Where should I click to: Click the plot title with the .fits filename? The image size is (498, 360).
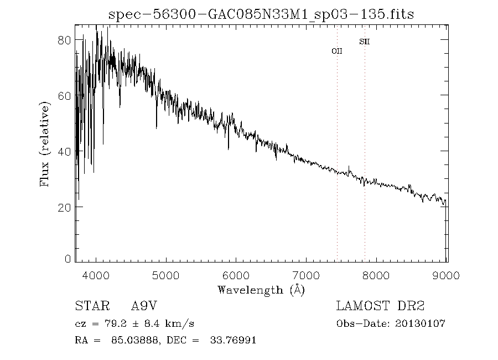(261, 14)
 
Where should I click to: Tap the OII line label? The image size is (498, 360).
(337, 51)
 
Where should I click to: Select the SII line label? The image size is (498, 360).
(364, 42)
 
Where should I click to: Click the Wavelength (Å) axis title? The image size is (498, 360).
(261, 290)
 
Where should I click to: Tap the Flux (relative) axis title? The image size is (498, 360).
(45, 143)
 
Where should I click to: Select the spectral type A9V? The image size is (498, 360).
(147, 306)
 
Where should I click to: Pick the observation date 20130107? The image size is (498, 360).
(421, 323)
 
